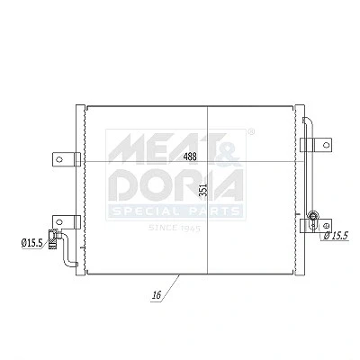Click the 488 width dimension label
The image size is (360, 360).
pos(190,157)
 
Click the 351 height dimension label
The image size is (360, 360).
pos(203,190)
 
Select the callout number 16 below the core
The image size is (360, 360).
pos(157,295)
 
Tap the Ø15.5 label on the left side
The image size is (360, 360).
pos(31,243)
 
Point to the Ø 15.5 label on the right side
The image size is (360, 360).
pos(336,236)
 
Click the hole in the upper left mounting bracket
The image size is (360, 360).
pos(59,159)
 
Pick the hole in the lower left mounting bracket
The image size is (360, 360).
pos(59,222)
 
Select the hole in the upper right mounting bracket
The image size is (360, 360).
pos(327,145)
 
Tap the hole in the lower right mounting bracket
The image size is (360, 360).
pos(327,225)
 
